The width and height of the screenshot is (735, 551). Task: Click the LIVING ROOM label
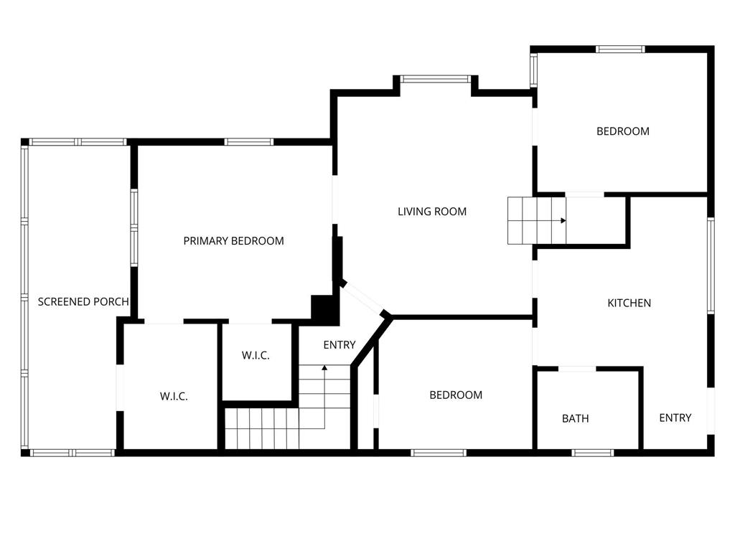(432, 212)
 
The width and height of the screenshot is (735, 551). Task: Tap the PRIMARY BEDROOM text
(233, 241)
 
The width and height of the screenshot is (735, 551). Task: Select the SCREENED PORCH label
(83, 302)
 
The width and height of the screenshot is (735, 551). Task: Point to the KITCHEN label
(629, 303)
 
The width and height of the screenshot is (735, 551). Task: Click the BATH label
(575, 418)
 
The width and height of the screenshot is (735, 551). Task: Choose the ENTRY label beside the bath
(675, 418)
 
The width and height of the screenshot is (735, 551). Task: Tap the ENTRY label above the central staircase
(339, 345)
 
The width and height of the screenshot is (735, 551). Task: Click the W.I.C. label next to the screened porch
(174, 396)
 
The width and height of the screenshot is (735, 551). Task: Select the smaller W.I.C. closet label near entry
(256, 355)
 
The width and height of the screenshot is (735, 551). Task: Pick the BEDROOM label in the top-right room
(622, 131)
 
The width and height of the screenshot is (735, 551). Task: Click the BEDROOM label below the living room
(456, 395)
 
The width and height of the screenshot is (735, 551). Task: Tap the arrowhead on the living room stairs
(564, 220)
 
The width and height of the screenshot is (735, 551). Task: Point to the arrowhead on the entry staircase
(324, 368)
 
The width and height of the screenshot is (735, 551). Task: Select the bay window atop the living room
(435, 79)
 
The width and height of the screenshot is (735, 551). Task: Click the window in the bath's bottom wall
(593, 453)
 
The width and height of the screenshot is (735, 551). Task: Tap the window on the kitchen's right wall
(711, 265)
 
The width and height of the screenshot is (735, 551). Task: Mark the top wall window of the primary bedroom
(248, 142)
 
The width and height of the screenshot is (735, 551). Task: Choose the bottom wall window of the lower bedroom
(439, 453)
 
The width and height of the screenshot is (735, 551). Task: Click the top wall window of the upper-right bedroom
(620, 50)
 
